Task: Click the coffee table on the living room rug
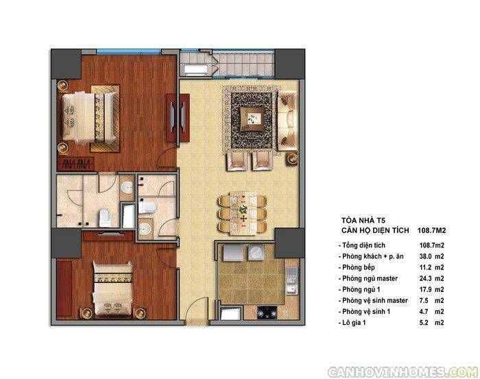tap(252, 119)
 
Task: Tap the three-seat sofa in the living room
tap(287, 121)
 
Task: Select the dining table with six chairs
tap(243, 213)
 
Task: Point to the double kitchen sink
tap(291, 280)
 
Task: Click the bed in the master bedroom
tap(89, 118)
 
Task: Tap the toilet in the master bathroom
tap(105, 217)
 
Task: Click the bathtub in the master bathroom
tap(128, 216)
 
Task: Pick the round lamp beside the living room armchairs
tap(292, 158)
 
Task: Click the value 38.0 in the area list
tap(425, 256)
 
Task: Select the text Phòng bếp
tap(358, 268)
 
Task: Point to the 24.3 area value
tap(425, 278)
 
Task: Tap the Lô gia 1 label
tap(354, 322)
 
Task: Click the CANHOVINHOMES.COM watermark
tap(403, 372)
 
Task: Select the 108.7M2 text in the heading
tap(431, 230)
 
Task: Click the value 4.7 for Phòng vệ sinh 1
tap(424, 311)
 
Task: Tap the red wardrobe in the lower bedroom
tap(64, 289)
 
